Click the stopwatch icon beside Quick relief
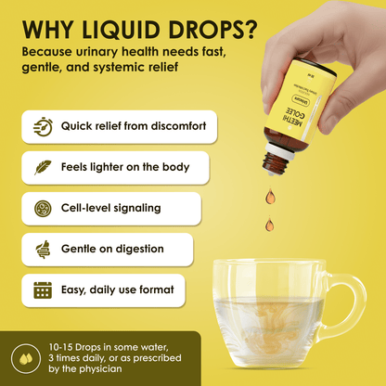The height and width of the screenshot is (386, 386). [x=43, y=127]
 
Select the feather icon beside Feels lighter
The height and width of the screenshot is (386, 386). [x=43, y=168]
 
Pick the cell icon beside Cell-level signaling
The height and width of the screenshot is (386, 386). [x=43, y=209]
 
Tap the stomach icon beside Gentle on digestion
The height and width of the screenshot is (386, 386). [x=43, y=250]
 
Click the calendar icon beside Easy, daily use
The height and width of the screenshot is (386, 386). [x=43, y=290]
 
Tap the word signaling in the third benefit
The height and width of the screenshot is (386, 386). [x=138, y=209]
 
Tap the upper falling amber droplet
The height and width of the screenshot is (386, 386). [x=270, y=196]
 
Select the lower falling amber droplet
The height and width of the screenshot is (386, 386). [x=270, y=225]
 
